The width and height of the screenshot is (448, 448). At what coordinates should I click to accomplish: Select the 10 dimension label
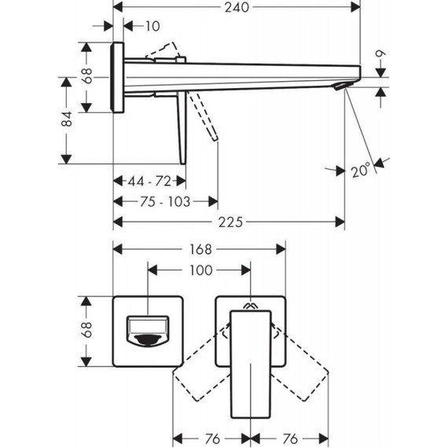(152, 27)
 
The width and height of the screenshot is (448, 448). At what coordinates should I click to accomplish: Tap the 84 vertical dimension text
(68, 119)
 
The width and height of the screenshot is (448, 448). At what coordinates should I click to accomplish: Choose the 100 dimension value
(201, 270)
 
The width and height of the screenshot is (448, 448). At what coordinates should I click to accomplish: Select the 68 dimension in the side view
(88, 76)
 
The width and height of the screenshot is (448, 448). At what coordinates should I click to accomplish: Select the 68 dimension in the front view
(88, 331)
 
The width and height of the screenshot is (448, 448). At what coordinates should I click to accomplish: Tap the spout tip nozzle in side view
(347, 86)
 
